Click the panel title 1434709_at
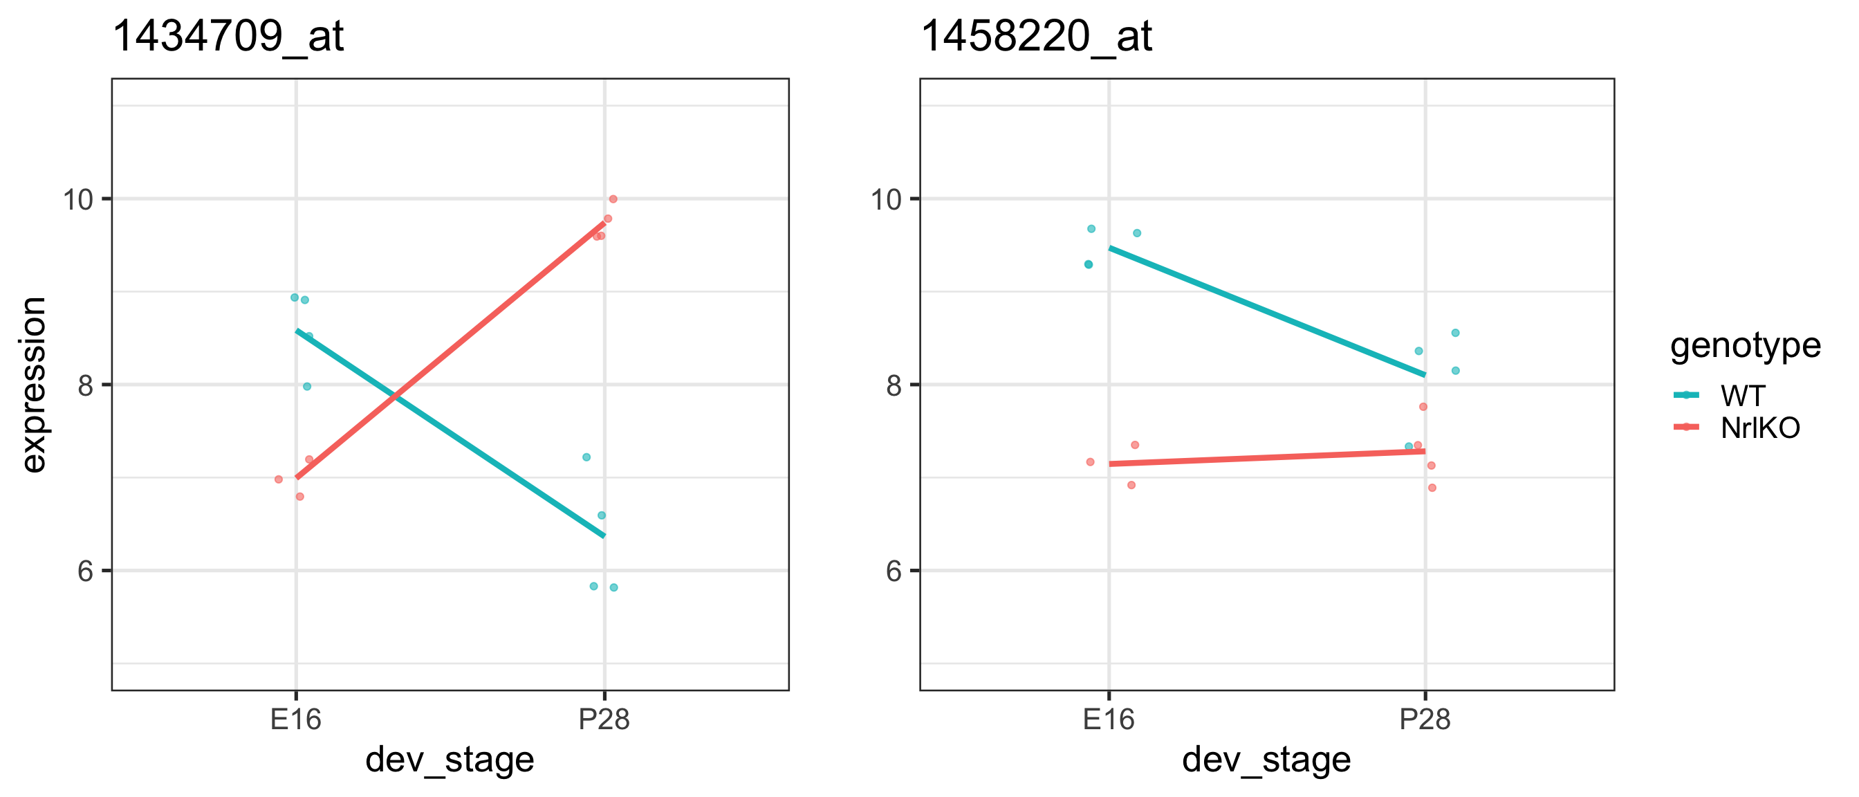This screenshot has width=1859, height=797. click(228, 36)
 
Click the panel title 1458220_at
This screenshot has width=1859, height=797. click(1036, 36)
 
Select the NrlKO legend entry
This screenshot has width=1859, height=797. click(1759, 428)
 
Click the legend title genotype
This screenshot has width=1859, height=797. click(1745, 346)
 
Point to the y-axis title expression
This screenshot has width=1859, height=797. click(33, 385)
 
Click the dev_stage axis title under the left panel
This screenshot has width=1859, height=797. click(450, 760)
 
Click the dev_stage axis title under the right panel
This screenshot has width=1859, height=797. click(1266, 760)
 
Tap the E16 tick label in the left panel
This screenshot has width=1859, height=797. click(296, 719)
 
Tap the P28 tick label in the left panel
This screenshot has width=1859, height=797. click(604, 719)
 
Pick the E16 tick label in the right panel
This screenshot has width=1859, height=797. click(1109, 719)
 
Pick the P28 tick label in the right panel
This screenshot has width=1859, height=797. click(1425, 719)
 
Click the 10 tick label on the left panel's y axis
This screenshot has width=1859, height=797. click(79, 199)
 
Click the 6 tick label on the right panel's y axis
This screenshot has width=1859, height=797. click(894, 571)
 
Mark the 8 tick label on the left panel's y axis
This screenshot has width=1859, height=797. click(86, 385)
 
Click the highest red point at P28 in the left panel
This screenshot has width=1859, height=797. click(613, 199)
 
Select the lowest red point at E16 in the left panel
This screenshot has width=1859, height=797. click(300, 497)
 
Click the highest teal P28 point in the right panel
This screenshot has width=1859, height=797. click(1456, 333)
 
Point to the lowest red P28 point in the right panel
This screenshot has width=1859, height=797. click(1432, 488)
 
